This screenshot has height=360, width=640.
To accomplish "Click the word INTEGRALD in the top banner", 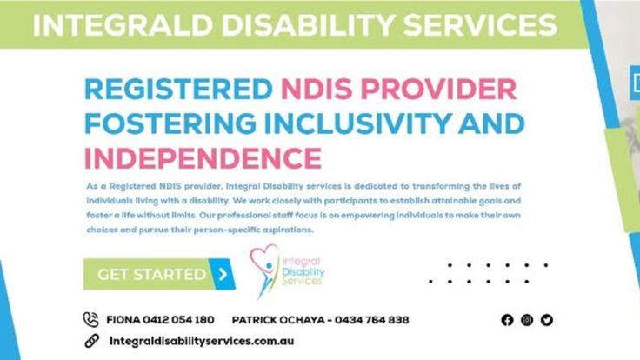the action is tap(123, 25).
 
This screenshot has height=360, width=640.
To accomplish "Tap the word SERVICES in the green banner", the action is tap(480, 25).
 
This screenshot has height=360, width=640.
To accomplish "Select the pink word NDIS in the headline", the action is tap(317, 89).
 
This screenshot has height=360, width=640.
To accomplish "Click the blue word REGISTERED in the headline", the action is tap(178, 89).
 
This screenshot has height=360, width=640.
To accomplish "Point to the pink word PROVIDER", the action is tap(438, 89).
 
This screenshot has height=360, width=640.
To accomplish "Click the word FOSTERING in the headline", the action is tap(170, 123).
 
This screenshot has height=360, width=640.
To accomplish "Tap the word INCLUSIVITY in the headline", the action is tap(358, 123).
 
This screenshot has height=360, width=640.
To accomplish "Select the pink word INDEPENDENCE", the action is tap(203, 158).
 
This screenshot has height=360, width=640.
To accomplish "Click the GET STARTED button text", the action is tap(152, 274).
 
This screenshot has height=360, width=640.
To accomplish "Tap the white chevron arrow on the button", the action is tap(223, 274).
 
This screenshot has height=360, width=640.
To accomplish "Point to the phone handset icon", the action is tap(91, 320).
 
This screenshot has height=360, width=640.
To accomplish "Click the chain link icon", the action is tap(92, 341).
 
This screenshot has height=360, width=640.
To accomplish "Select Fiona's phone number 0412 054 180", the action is tap(178, 320).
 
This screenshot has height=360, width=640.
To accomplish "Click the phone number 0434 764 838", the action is tap(372, 320).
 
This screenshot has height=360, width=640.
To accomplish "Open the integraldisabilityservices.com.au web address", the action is tap(202, 341).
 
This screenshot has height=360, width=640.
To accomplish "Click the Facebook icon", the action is tap(507, 320).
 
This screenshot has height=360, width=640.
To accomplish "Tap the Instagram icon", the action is tap(527, 320).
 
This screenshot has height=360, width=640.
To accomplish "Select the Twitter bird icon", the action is tap(547, 320).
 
